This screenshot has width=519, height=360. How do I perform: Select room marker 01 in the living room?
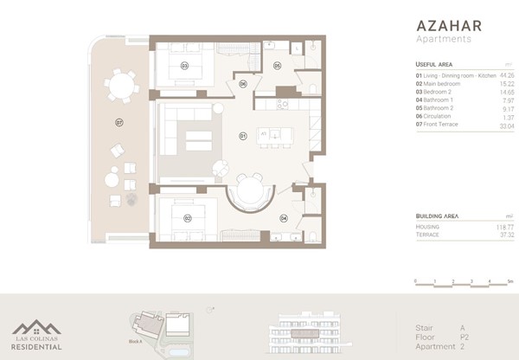pos(243,136)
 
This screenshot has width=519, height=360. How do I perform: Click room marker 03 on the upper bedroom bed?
pos(184,65)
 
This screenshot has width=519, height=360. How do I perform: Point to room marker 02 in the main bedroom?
pos(187,218)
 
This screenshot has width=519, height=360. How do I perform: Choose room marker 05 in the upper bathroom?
pos(278,65)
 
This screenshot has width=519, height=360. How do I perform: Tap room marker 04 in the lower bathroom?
pos(284,218)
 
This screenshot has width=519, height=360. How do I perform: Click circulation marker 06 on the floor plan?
pos(243,84)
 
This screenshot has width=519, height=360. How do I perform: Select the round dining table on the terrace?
pos(120,86)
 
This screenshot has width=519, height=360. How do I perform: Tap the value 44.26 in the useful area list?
pos(506,76)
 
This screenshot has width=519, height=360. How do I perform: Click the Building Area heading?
pos(437,215)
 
